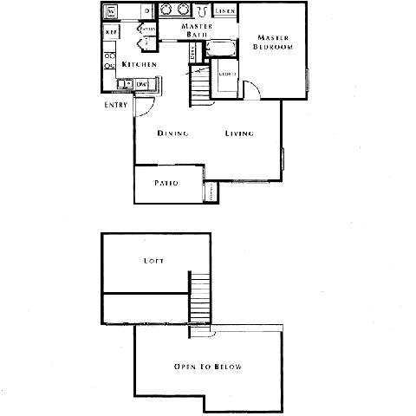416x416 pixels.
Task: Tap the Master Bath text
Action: [x=197, y=30]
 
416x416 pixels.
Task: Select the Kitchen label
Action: [x=139, y=65]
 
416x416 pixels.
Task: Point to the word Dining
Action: [x=173, y=133]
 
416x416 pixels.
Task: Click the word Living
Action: [x=239, y=133]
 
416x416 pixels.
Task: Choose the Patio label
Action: [x=166, y=184]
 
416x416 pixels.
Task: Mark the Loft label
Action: [x=155, y=260]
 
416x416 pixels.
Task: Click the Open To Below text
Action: [x=207, y=367]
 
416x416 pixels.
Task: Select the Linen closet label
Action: [x=224, y=11]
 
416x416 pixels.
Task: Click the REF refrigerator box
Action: [x=112, y=32]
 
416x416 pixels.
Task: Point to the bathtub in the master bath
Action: [x=224, y=48]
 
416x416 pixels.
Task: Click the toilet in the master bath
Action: [x=201, y=11]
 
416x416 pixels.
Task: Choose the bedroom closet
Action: [x=227, y=75]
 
